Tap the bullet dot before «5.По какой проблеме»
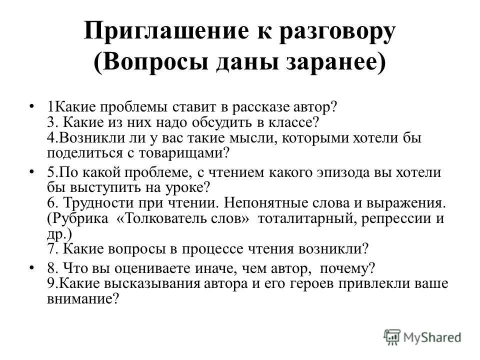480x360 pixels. pos(32,172)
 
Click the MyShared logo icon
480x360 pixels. pos(393,336)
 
